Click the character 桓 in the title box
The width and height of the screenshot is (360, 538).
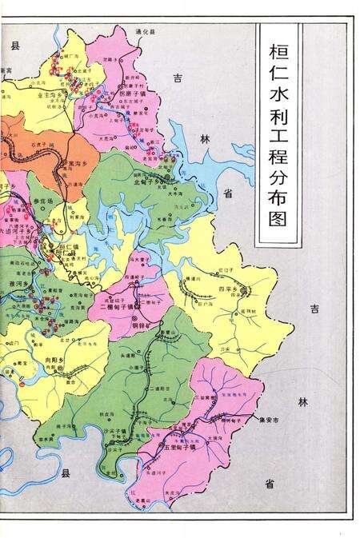coord(278,50)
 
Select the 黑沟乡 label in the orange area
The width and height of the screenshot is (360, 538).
coord(82,161)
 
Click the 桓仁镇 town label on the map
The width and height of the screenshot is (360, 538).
coord(72,247)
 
